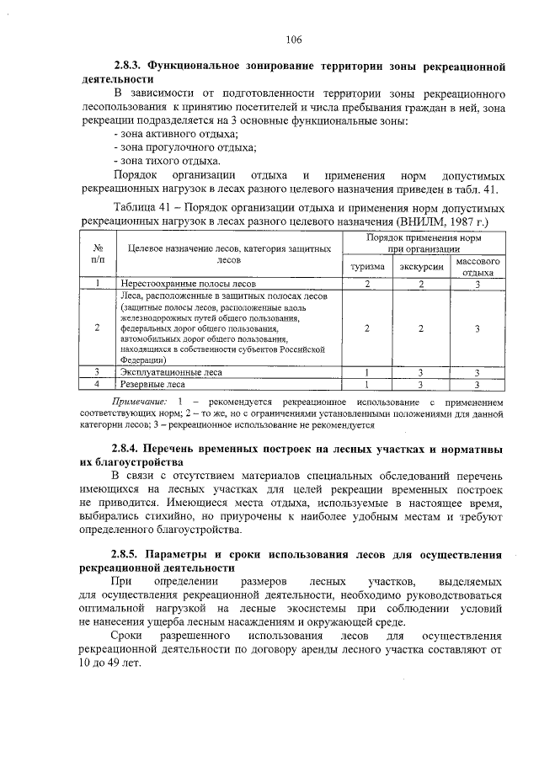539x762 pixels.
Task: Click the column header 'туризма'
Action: coord(367,267)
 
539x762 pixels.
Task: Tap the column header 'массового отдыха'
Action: coord(478,267)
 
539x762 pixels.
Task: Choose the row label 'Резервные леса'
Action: coord(153,384)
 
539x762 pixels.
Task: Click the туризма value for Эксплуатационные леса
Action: coord(367,371)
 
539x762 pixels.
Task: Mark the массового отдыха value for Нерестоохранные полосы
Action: coord(478,285)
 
